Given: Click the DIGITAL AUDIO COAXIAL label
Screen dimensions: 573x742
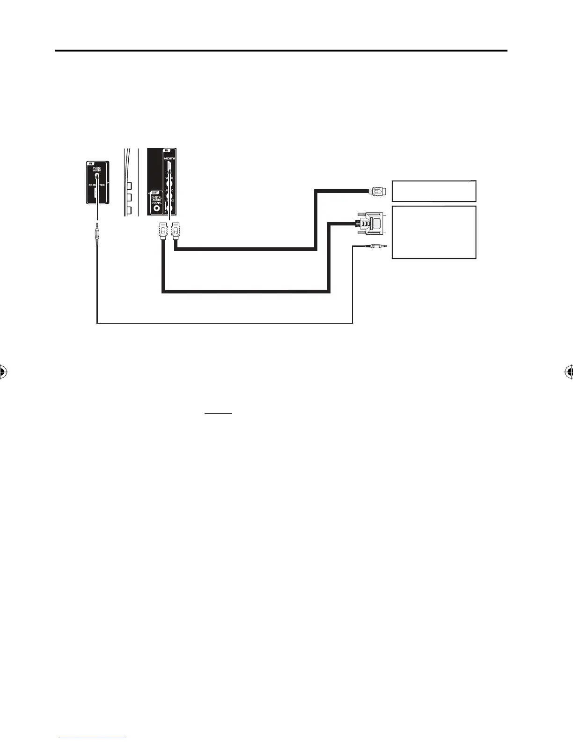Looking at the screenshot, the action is (156, 200).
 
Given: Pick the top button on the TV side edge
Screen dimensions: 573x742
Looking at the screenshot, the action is (129, 185).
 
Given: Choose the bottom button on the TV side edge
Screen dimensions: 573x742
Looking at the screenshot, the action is (129, 211).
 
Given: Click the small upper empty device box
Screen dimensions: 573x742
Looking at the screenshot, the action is (434, 191).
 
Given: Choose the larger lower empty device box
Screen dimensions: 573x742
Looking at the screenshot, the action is (434, 232).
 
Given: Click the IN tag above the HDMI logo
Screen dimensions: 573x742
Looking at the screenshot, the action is (166, 151).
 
